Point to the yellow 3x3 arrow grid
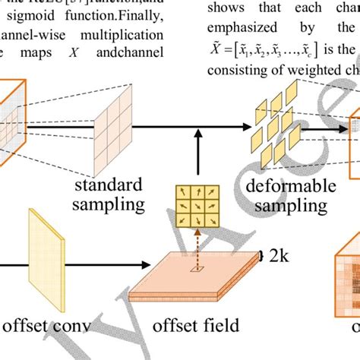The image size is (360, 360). [197, 205]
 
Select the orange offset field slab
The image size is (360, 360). [190, 282]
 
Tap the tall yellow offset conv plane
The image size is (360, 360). [48, 250]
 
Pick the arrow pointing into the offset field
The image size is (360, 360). [76, 266]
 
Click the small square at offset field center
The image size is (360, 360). [197, 268]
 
